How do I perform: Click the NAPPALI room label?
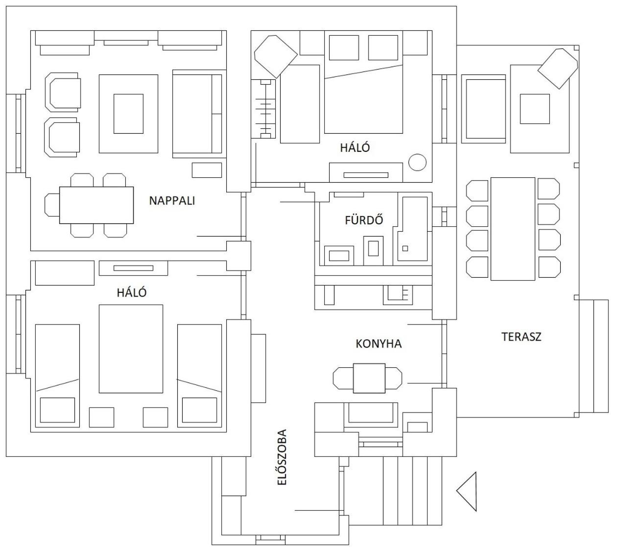click(x=172, y=201)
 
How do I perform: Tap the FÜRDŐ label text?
click(x=364, y=219)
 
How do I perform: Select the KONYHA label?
click(x=379, y=344)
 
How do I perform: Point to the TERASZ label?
click(x=522, y=337)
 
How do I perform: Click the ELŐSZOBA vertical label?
click(x=282, y=457)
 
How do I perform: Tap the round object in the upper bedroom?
click(x=417, y=162)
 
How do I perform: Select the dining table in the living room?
click(x=96, y=205)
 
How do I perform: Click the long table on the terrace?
click(x=513, y=229)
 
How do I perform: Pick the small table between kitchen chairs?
click(x=369, y=378)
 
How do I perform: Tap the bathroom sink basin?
click(x=339, y=256)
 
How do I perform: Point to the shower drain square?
click(x=405, y=248)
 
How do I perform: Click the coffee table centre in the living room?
click(x=128, y=114)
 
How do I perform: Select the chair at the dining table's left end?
click(x=52, y=205)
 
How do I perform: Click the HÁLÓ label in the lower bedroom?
click(x=132, y=292)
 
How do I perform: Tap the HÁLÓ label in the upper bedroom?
click(x=355, y=147)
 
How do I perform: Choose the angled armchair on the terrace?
click(x=558, y=69)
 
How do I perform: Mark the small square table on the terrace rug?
click(x=535, y=109)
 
